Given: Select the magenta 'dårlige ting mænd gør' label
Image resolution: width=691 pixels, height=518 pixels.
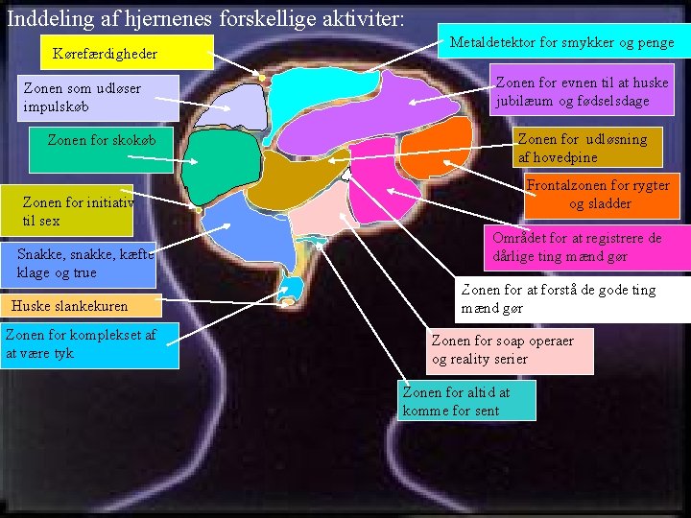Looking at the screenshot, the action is (x=589, y=247).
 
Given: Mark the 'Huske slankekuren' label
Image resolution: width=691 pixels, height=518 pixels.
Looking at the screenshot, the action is (x=78, y=307).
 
